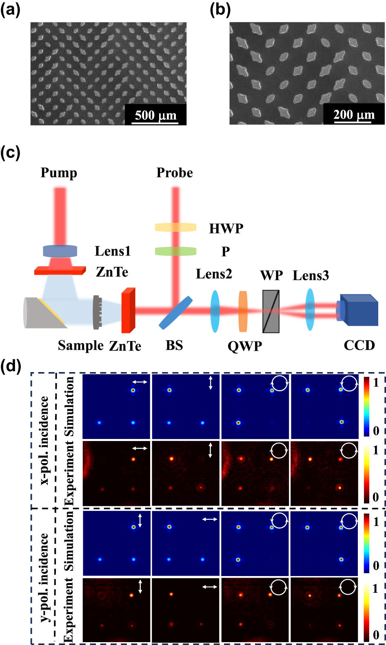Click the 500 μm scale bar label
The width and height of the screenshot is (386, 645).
click(155, 115)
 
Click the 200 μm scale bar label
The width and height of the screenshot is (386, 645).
click(354, 115)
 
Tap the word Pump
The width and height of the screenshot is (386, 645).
click(59, 173)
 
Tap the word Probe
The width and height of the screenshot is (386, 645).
click(175, 173)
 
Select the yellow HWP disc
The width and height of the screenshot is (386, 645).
click(175, 227)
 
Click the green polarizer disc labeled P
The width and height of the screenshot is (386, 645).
click(175, 251)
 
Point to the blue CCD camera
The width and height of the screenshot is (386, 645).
click(358, 310)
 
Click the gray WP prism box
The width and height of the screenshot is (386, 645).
click(271, 311)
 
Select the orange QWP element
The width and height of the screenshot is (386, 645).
click(243, 311)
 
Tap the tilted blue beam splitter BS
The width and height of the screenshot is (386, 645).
click(175, 313)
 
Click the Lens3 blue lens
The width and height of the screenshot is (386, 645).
click(310, 310)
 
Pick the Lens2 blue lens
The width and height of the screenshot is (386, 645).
click(215, 311)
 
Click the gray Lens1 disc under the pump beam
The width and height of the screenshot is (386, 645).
click(60, 251)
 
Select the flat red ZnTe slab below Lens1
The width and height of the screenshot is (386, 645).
click(60, 270)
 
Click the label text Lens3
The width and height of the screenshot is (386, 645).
click(311, 276)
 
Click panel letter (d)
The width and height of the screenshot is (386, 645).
click(11, 366)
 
